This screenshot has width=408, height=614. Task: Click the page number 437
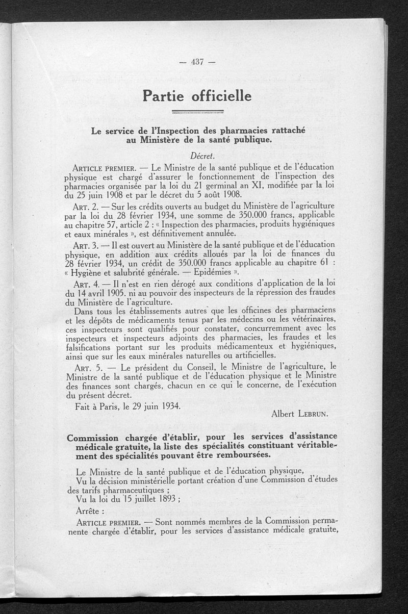click(x=197, y=62)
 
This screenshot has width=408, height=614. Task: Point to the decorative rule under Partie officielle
click(x=198, y=111)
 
